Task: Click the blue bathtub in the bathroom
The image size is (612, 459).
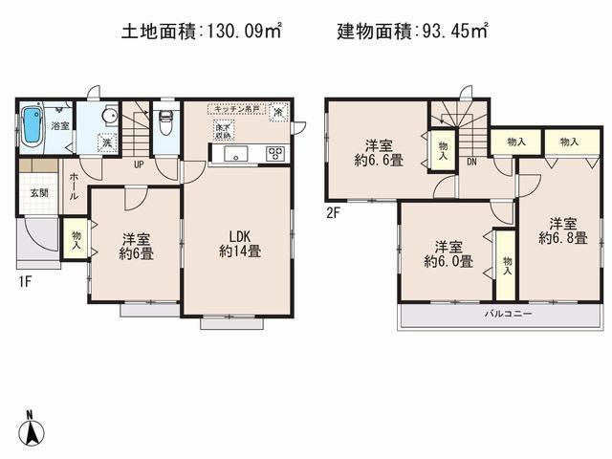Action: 32,127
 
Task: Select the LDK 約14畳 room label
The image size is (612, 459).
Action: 240,244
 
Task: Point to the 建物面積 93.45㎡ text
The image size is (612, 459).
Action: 412,32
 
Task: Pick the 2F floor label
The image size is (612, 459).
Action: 334,213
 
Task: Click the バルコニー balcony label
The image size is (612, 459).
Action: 500,313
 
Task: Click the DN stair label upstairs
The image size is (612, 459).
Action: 472,163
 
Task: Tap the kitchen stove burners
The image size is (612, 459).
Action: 276,153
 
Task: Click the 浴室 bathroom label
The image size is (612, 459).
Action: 59,125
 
